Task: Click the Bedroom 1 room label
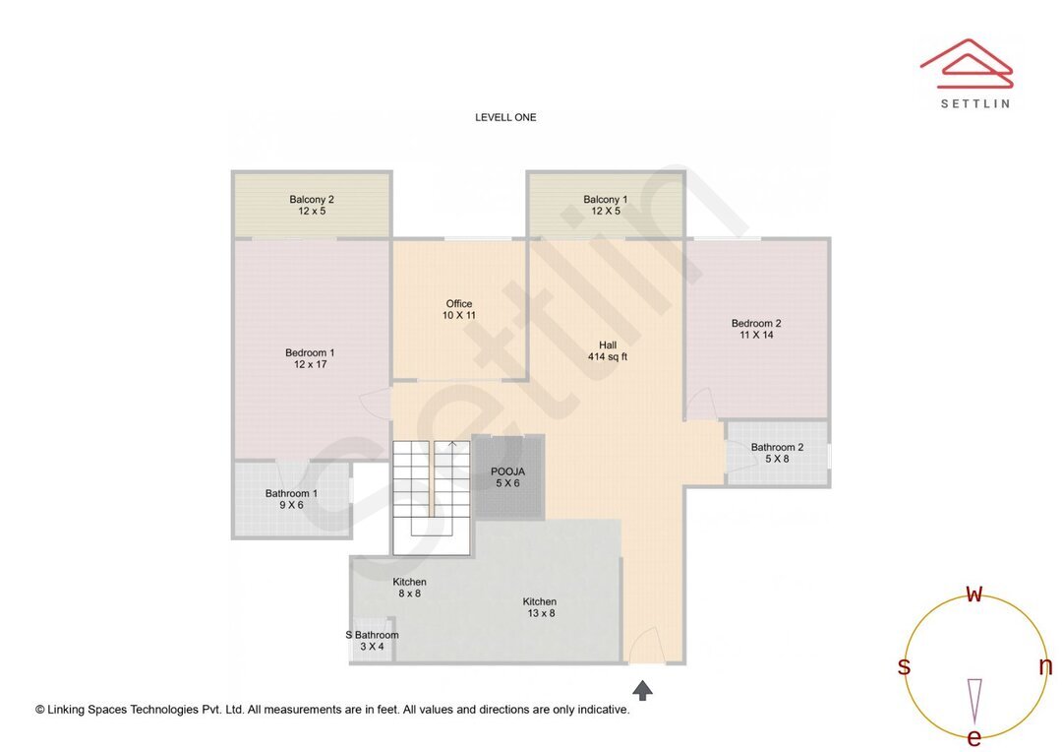[310, 358]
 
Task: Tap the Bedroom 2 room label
[756, 329]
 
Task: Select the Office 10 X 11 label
[458, 310]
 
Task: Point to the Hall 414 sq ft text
[608, 350]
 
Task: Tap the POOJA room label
[507, 477]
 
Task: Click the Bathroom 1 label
[291, 499]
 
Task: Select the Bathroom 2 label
[777, 453]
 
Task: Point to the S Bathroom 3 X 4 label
[372, 641]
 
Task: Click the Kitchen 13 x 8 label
[539, 607]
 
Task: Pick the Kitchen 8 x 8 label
[409, 588]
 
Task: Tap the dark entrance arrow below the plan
[642, 690]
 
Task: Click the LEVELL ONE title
[505, 117]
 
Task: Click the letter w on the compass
[974, 594]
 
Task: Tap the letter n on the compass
[1045, 666]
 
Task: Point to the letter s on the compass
[904, 666]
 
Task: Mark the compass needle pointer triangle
[974, 700]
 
